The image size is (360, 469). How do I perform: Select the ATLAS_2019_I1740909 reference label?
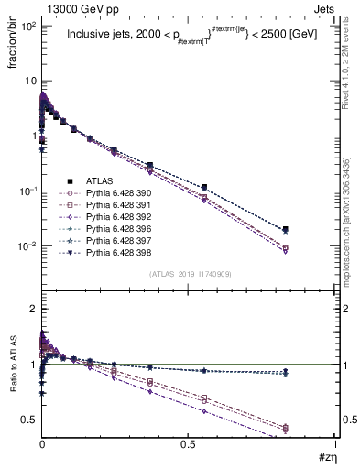coord(190,274)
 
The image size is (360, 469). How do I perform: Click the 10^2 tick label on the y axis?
coord(27,26)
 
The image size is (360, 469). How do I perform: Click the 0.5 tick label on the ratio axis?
coord(28,420)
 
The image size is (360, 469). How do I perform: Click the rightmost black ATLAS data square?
coord(312,229)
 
